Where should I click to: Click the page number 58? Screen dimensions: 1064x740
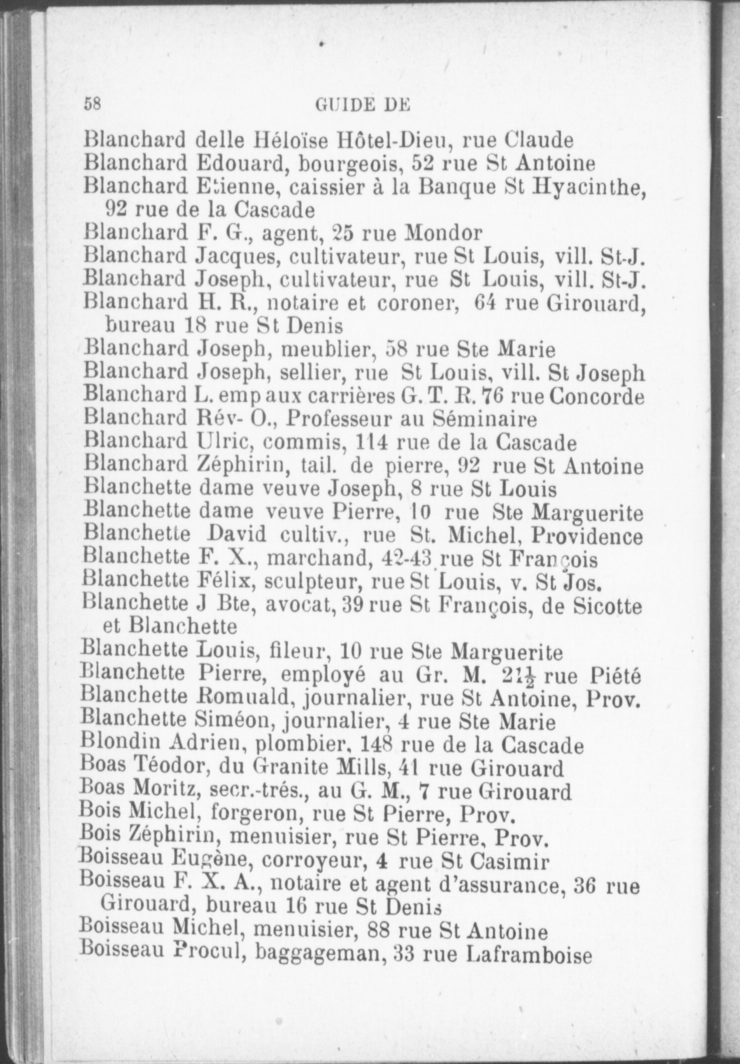(93, 104)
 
